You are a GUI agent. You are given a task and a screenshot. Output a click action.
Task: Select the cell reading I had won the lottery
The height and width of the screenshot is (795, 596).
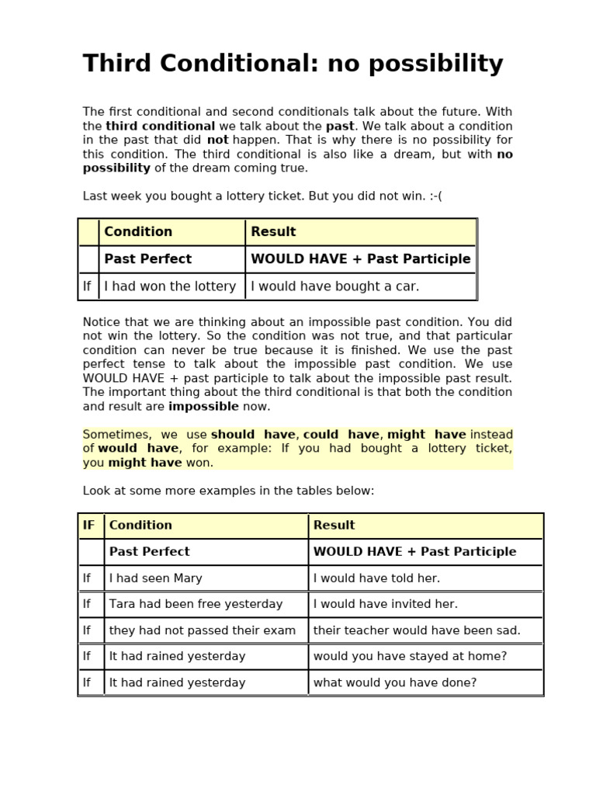click(x=170, y=286)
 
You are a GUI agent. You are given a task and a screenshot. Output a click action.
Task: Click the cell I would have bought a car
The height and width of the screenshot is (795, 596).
click(x=334, y=286)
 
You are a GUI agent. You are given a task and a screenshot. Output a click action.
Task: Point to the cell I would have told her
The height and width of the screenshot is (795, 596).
click(x=376, y=578)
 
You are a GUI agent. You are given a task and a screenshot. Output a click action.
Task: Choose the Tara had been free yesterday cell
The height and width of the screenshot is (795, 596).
click(x=196, y=604)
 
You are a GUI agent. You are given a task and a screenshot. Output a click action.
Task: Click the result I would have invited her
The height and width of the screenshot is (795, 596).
click(x=385, y=604)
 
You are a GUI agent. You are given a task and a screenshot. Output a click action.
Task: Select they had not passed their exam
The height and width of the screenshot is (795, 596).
click(x=202, y=630)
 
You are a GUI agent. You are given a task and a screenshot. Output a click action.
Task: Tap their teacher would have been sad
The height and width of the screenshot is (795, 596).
click(x=417, y=630)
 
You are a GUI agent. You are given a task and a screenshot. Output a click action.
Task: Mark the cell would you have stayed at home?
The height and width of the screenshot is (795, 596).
click(x=410, y=656)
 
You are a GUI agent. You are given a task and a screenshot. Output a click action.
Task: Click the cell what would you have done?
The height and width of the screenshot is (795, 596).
click(x=394, y=682)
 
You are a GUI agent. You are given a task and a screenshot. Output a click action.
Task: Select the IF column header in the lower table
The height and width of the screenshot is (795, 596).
click(x=89, y=526)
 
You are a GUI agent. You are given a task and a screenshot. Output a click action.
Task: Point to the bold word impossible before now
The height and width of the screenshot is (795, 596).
click(x=203, y=406)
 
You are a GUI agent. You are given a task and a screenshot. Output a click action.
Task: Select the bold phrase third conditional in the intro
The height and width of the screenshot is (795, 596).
click(x=161, y=126)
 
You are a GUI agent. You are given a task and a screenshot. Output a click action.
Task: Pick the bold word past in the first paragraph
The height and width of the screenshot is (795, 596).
click(x=339, y=126)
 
